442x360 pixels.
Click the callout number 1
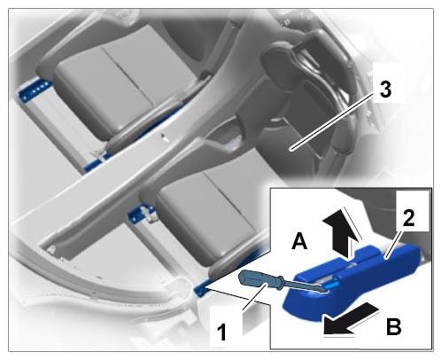[221, 332]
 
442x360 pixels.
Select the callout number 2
[408, 218]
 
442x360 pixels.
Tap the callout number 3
[385, 90]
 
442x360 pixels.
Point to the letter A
[299, 241]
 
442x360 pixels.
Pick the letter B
[393, 326]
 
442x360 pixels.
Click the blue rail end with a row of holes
[33, 90]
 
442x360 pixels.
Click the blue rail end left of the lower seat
[140, 214]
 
